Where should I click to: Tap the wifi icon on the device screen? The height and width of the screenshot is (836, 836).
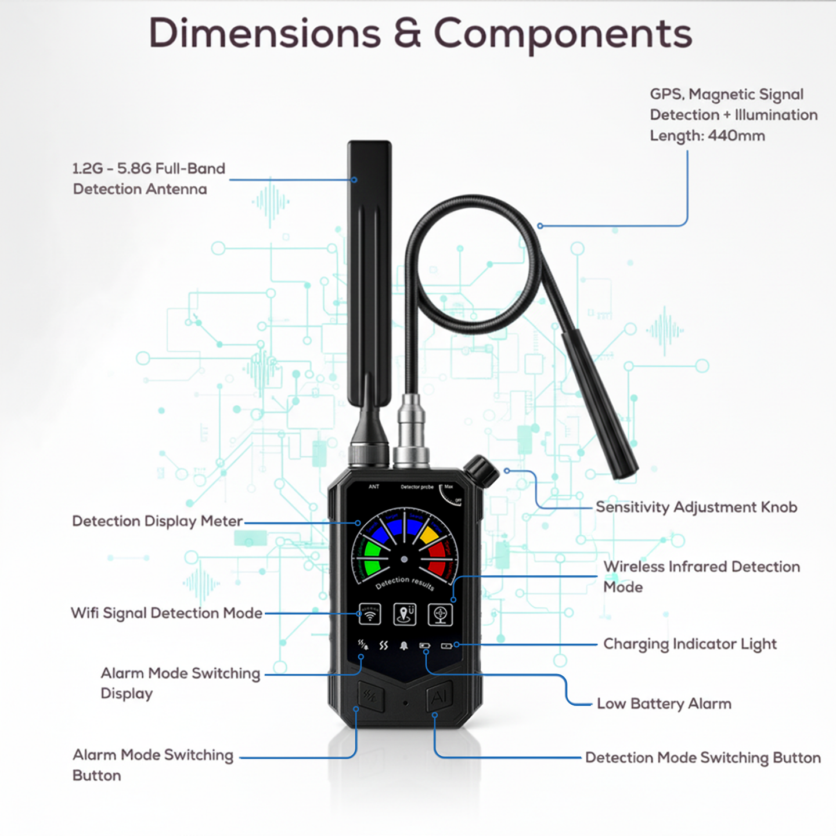370,614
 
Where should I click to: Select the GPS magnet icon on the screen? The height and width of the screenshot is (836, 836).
405,614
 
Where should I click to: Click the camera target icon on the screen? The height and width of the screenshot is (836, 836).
440,614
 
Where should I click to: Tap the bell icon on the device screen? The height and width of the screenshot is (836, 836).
404,646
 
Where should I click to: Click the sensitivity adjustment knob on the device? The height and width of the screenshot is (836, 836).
481,470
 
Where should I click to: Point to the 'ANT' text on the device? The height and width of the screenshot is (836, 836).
374,487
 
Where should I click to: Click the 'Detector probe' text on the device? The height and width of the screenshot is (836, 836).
417,487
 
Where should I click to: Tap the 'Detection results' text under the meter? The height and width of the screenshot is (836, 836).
405,582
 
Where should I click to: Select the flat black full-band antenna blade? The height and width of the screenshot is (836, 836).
369,273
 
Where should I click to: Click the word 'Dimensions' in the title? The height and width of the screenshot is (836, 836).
265,34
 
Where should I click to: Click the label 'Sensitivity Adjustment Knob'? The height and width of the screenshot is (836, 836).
696,507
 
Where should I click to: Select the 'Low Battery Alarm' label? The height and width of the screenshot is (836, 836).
664,704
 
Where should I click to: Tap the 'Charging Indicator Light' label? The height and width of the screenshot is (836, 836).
690,644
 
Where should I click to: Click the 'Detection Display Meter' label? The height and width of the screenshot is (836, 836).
157,521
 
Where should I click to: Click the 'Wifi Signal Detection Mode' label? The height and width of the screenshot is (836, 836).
167,613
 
